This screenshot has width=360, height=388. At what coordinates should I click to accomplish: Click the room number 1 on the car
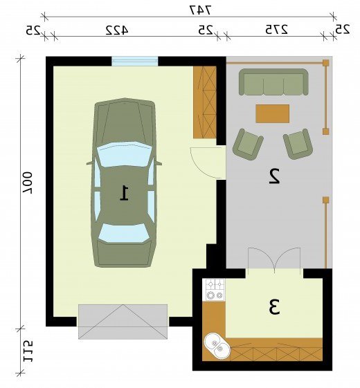click(x=125, y=192)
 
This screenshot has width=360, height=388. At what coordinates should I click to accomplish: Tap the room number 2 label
click(x=275, y=176)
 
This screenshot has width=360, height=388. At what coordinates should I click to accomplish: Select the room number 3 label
click(x=274, y=307)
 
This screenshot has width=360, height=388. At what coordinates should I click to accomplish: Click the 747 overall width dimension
click(x=201, y=10)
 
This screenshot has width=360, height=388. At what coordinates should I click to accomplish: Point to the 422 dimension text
click(x=117, y=30)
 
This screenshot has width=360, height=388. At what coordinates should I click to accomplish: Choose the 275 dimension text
click(x=276, y=30)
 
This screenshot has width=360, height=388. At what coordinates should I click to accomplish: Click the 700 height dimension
click(x=28, y=183)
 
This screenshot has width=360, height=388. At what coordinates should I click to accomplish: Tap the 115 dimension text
click(x=28, y=351)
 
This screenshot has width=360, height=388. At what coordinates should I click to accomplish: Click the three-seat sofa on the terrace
click(x=273, y=82)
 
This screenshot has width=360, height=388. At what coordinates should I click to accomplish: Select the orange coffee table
click(x=273, y=113)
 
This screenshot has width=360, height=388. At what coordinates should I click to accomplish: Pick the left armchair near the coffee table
click(x=248, y=145)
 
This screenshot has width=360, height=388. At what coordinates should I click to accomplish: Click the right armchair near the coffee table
click(x=298, y=144)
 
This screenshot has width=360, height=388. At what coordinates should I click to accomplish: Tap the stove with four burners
click(x=213, y=290)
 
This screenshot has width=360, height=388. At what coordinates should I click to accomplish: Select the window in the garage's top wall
click(x=134, y=61)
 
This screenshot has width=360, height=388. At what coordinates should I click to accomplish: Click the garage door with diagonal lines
click(x=123, y=322)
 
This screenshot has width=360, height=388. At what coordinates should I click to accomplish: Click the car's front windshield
click(x=124, y=151)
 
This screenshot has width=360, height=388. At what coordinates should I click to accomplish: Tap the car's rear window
click(x=123, y=232)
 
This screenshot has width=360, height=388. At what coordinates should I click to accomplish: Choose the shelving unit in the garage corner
click(x=205, y=102)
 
